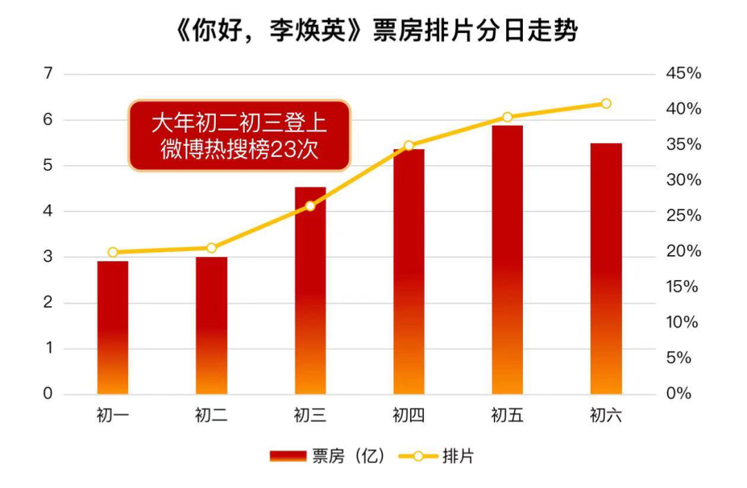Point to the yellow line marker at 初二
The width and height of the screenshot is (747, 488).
coord(212,248)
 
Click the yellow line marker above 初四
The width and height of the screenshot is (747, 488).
coord(409,145)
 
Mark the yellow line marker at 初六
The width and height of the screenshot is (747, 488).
coord(606,104)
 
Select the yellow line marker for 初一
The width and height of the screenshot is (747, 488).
coord(113,252)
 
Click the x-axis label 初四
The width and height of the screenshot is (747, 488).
coord(409,415)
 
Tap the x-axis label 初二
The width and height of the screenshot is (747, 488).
coord(212,415)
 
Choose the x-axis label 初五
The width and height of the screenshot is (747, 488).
coord(508,415)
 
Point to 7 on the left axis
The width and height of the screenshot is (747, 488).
coord(48,73)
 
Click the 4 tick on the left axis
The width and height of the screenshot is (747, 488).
coord(48,212)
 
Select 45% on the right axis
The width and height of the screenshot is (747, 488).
coord(683,73)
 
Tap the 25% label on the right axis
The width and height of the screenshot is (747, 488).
coord(683,216)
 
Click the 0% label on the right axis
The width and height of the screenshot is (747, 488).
coord(679,394)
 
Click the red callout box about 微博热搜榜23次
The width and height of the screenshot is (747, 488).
coord(239,135)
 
